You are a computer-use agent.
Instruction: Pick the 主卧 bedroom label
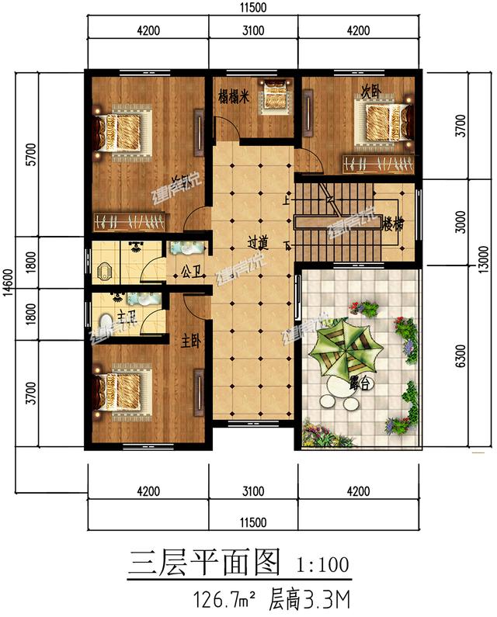[x=191, y=340]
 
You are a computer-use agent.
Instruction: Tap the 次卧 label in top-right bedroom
[x=370, y=90]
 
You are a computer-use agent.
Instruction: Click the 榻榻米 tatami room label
[x=233, y=97]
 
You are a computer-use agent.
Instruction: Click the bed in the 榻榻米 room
[x=274, y=95]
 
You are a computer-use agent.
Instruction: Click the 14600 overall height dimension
[x=9, y=283]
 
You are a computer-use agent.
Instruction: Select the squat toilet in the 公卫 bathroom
[x=106, y=274]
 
